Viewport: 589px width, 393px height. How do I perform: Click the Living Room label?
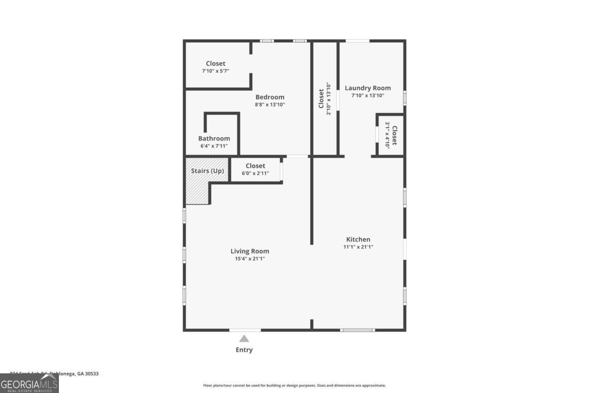[250, 252]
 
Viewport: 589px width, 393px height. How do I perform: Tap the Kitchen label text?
[358, 240]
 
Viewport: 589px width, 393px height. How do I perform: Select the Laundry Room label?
[368, 88]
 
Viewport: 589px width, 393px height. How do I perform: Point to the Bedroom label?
[269, 97]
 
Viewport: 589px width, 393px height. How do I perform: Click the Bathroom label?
[214, 139]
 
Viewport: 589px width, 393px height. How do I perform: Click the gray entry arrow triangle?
[244, 338]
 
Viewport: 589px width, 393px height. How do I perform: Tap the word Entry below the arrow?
[244, 350]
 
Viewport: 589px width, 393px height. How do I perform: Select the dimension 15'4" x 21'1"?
[250, 259]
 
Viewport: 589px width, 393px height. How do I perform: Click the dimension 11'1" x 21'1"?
[358, 247]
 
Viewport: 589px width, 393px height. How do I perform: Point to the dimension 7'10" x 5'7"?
[215, 71]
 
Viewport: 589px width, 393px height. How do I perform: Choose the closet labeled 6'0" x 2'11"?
[255, 169]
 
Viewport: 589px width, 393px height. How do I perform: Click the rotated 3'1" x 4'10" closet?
[391, 135]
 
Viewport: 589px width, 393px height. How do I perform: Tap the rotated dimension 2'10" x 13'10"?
[329, 99]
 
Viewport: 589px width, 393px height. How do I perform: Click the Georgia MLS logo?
[29, 383]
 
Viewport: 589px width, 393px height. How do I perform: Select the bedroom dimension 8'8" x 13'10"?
[269, 105]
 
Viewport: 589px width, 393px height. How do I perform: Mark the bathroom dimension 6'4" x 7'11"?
[214, 146]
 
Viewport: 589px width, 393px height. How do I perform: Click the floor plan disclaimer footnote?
[294, 386]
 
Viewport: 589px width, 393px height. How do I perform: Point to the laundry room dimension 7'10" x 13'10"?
[368, 96]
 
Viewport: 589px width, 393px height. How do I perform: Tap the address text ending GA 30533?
[54, 374]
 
